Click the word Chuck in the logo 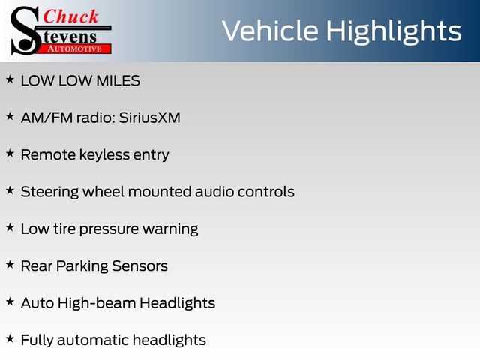[x=70, y=16]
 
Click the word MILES [x=118, y=81]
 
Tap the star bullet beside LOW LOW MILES [x=10, y=79]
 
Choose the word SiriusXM [x=150, y=118]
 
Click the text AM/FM [x=46, y=118]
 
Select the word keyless [x=104, y=155]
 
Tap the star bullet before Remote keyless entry [x=10, y=153]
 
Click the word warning [x=170, y=229]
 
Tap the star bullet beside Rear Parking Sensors [x=10, y=265]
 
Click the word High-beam [x=97, y=303]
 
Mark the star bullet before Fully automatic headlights [x=10, y=338]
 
